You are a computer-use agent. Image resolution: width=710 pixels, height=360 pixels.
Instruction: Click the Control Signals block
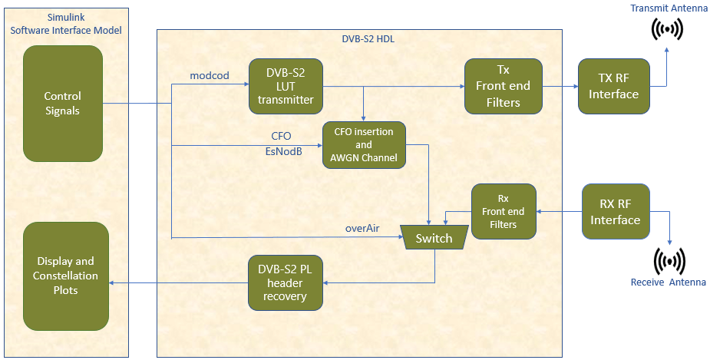pyautogui.click(x=63, y=104)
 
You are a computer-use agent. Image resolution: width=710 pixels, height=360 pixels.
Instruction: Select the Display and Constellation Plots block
pyautogui.click(x=67, y=276)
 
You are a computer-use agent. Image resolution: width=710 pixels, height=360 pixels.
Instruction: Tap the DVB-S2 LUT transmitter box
pyautogui.click(x=286, y=86)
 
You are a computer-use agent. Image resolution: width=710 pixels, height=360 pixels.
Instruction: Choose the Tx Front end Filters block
pyautogui.click(x=503, y=86)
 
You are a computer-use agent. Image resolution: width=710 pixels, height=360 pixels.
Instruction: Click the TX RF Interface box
pyautogui.click(x=613, y=86)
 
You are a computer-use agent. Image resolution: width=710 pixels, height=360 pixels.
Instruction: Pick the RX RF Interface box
pyautogui.click(x=615, y=211)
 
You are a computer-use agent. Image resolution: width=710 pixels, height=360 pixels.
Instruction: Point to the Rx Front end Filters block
pyautogui.click(x=503, y=211)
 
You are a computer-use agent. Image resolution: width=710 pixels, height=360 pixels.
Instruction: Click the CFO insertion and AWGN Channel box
pyautogui.click(x=364, y=144)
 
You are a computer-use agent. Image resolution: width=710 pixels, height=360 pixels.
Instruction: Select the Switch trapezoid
pyautogui.click(x=434, y=238)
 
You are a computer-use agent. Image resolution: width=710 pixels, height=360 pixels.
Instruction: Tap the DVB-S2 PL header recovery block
pyautogui.click(x=286, y=282)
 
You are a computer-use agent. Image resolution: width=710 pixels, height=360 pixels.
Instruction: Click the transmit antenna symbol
pyautogui.click(x=667, y=29)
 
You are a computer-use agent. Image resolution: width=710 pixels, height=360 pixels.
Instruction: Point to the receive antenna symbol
pyautogui.click(x=669, y=261)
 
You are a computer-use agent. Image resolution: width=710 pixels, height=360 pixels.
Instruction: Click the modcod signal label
pyautogui.click(x=209, y=75)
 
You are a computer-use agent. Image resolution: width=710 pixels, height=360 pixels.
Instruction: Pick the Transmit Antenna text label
pyautogui.click(x=668, y=8)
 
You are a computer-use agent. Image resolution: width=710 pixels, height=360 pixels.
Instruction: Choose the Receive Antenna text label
pyautogui.click(x=668, y=282)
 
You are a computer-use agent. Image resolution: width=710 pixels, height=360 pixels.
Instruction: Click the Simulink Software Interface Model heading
pyautogui.click(x=65, y=24)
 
